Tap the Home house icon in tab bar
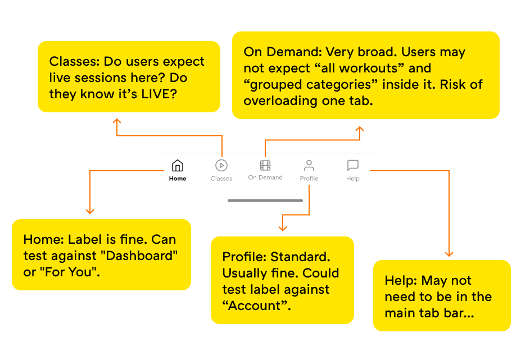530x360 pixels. [x=178, y=166]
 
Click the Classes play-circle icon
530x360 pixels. [x=221, y=165]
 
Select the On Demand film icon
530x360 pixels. [x=265, y=165]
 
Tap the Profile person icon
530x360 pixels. [x=309, y=165]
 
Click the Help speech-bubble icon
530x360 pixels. [x=353, y=165]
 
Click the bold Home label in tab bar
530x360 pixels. [x=178, y=179]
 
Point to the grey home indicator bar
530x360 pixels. [x=265, y=200]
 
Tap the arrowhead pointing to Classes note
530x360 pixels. [x=117, y=122]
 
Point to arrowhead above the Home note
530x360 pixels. [x=89, y=211]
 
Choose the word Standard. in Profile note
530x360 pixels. [x=301, y=257]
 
